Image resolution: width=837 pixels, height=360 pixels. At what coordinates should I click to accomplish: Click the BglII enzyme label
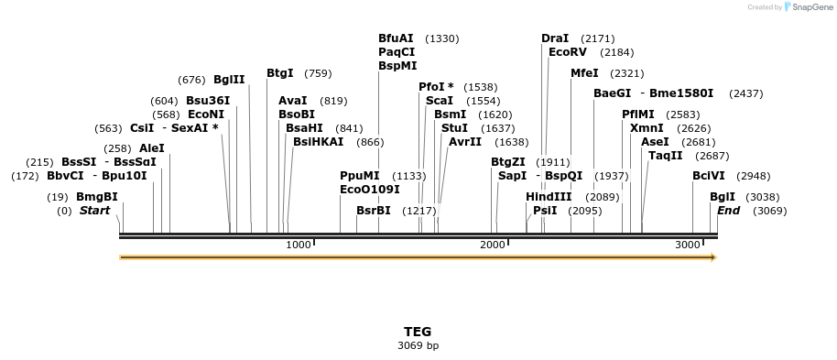(229, 79)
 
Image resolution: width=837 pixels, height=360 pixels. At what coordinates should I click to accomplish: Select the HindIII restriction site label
(549, 197)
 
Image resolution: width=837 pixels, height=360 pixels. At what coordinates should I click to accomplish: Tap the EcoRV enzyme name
(567, 52)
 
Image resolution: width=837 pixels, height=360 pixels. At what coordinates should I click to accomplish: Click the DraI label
(555, 38)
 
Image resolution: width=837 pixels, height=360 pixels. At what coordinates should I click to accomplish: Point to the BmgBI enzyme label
(97, 197)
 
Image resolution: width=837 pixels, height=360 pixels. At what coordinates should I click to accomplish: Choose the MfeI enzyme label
(584, 73)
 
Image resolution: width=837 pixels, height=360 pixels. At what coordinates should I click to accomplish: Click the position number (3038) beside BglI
(763, 197)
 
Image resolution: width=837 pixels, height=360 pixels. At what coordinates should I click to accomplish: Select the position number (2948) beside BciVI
(754, 176)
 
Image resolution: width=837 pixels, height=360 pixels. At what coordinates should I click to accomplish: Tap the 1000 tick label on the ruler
(299, 245)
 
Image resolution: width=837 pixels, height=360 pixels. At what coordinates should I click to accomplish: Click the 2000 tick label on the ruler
(493, 245)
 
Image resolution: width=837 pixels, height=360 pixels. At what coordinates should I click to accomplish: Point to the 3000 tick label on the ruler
(688, 245)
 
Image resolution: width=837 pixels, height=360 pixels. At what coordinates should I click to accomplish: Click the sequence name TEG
(418, 332)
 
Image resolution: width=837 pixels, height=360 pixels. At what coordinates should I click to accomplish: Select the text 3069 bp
(418, 346)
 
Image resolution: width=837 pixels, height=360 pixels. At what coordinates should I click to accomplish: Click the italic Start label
(94, 211)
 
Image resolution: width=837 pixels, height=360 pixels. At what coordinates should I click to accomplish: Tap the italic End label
(729, 211)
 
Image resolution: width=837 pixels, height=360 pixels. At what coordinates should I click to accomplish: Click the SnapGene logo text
(809, 7)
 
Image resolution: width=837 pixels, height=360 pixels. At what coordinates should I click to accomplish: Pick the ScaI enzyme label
(440, 101)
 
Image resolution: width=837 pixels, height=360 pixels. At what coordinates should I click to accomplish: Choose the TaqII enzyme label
(666, 156)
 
